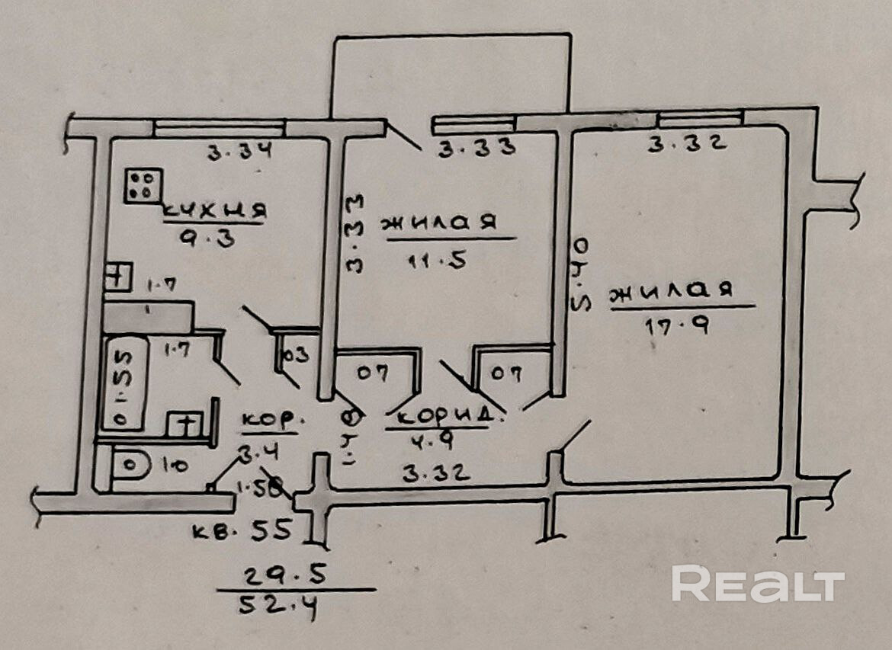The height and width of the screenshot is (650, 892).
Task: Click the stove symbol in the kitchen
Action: tap(143, 186)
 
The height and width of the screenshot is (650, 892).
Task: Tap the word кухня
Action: tap(213, 210)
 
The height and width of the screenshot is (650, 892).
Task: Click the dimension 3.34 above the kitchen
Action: tap(240, 152)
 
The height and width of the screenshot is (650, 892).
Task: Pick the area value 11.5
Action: tap(438, 260)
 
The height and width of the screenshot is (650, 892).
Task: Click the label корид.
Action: tap(449, 418)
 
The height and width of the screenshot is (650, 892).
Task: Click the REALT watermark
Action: tap(758, 585)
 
